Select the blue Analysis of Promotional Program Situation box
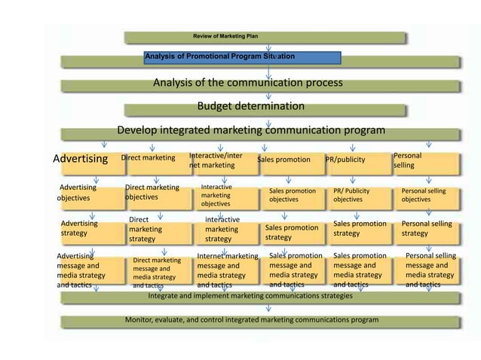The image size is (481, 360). click(x=244, y=57)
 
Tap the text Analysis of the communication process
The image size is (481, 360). click(x=248, y=83)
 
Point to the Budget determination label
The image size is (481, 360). click(x=251, y=106)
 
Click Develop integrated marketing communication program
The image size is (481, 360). click(x=251, y=130)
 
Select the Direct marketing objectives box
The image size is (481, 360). click(x=152, y=193)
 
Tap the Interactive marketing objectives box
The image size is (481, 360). click(x=219, y=195)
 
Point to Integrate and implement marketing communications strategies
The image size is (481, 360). click(x=250, y=297)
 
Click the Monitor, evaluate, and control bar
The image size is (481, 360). click(x=252, y=320)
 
